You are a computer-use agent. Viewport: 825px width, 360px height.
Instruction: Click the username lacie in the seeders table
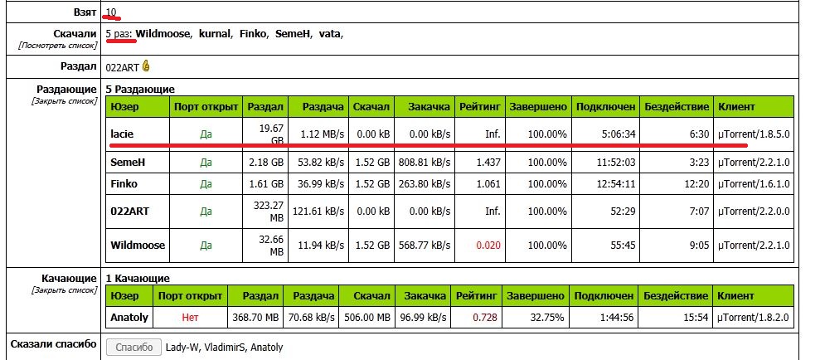point(122,133)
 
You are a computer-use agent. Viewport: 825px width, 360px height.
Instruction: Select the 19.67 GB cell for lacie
point(267,133)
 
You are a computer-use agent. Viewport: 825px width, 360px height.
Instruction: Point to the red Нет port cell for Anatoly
point(191,317)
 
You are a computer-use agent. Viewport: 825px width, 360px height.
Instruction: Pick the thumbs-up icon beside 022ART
point(147,66)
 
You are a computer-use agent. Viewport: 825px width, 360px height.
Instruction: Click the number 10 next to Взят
point(111,13)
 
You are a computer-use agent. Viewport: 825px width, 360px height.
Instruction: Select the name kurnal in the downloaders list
point(214,34)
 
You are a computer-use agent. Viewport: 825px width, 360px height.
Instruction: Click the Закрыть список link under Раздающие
point(64,100)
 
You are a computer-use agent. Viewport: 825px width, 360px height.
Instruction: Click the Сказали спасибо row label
point(62,344)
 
